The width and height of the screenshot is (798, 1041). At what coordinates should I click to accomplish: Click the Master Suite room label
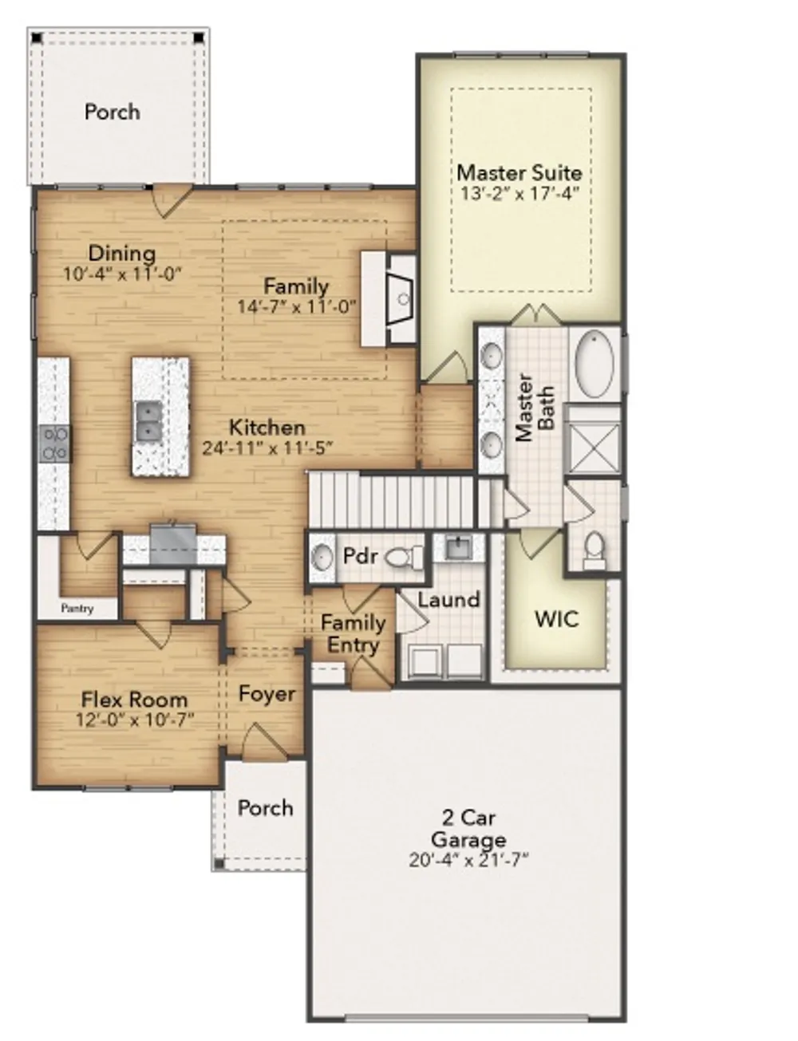[x=519, y=172]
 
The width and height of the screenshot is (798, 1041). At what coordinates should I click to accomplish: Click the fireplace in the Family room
[x=399, y=298]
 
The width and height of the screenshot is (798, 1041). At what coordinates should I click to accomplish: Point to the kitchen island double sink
[x=148, y=422]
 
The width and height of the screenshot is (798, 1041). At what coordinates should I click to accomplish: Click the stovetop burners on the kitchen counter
[x=54, y=444]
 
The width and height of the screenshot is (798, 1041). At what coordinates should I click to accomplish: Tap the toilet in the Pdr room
[x=405, y=558]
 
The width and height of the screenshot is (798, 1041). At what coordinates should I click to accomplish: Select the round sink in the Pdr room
[x=322, y=558]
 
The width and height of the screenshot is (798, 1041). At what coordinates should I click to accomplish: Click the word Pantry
[x=77, y=609]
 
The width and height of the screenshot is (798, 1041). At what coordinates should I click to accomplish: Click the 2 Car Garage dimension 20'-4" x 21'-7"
[x=468, y=859]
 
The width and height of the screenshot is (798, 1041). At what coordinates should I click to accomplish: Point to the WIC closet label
[x=556, y=619]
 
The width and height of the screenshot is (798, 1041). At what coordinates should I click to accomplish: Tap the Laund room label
[x=448, y=600]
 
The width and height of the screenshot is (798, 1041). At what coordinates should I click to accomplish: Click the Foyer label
[x=267, y=694]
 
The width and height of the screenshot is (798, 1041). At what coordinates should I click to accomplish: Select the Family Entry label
[x=353, y=633]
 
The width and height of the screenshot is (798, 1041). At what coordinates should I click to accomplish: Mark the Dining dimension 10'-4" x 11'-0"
[x=123, y=274]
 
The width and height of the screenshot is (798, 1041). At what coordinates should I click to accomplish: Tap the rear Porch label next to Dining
[x=113, y=112]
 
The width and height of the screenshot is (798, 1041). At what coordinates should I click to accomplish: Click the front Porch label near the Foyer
[x=265, y=808]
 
